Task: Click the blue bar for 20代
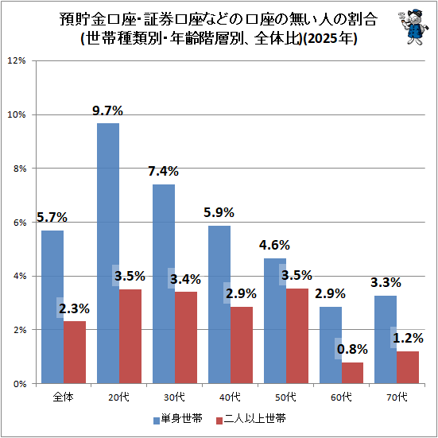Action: point(108,253)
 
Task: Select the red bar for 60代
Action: point(352,373)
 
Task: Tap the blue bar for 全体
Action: point(52,307)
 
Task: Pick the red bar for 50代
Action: point(297,336)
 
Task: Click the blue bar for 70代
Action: point(386,339)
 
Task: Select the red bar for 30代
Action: point(186,337)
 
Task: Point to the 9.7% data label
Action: point(107,111)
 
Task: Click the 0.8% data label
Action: point(352,349)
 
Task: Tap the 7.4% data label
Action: point(163,171)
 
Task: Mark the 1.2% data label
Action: point(408,339)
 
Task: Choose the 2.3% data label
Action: point(74,308)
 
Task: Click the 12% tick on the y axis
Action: point(17,60)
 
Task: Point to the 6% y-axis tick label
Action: point(19,223)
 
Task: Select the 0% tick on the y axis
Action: point(19,384)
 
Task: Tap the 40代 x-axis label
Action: point(231,397)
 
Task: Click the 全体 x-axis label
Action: point(64,397)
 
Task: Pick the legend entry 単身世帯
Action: point(178,419)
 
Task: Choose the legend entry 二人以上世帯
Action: point(251,419)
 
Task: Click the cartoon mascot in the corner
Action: point(414,26)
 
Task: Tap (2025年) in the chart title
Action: point(330,38)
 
